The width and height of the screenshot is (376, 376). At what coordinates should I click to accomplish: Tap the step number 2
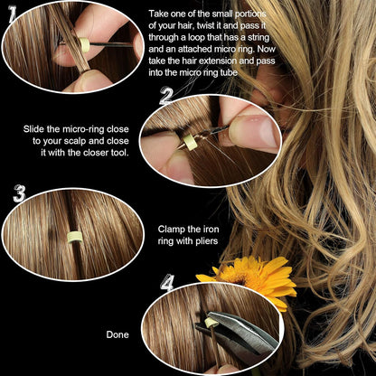click(x=166, y=96)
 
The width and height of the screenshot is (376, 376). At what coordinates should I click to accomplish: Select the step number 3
click(x=17, y=193)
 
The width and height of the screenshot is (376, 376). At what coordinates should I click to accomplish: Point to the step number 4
click(x=166, y=283)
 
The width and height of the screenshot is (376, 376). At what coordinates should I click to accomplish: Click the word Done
click(x=117, y=334)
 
